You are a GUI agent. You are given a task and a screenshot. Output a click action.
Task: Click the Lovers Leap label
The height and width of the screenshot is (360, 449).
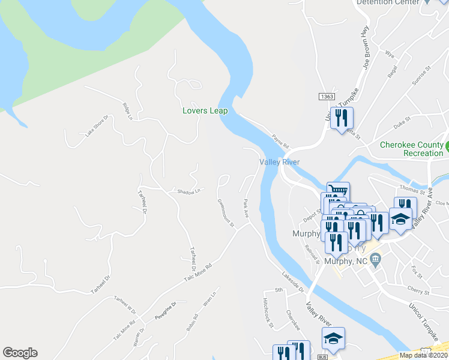(205, 110)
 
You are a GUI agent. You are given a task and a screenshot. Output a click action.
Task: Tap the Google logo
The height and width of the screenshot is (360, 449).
(20, 353)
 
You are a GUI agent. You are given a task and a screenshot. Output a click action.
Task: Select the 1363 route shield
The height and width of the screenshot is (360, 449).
(327, 96)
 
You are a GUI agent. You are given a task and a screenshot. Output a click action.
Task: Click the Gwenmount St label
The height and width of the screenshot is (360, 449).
(226, 212)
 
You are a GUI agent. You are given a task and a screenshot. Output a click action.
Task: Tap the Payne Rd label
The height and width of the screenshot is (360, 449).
(280, 142)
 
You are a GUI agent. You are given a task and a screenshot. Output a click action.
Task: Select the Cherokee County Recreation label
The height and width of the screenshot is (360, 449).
(412, 149)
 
